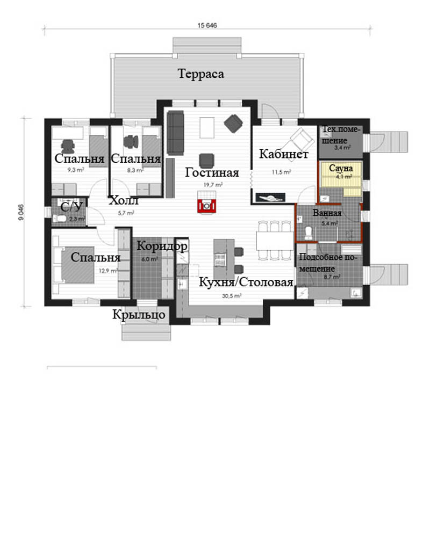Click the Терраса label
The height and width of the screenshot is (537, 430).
201,74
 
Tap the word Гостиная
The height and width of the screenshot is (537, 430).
212,172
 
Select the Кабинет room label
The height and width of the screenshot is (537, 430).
284,154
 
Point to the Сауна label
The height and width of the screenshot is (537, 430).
341,168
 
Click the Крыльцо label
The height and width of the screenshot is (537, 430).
139,315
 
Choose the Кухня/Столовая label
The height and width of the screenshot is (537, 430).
246,282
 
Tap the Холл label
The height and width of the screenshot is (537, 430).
124,200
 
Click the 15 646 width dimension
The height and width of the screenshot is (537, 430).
207,25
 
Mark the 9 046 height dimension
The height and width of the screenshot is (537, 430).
21,212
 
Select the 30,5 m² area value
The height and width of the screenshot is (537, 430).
232,295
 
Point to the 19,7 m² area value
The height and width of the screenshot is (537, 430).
213,185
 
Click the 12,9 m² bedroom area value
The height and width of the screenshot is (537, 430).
108,271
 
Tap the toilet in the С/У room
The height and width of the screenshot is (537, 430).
61,218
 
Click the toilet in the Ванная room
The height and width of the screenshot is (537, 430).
309,233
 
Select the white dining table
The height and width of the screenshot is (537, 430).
275,241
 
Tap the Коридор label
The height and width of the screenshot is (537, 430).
162,246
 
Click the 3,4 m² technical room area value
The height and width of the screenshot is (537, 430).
342,148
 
